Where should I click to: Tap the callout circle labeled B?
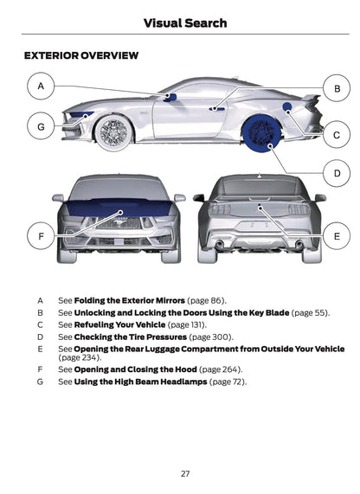tap(337, 88)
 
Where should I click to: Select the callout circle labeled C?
tap(337, 134)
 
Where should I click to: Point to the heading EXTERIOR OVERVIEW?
tap(80, 55)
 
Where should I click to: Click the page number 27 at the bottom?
tap(185, 472)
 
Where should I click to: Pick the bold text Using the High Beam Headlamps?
tap(140, 382)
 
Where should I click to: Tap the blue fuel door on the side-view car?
tap(286, 106)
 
